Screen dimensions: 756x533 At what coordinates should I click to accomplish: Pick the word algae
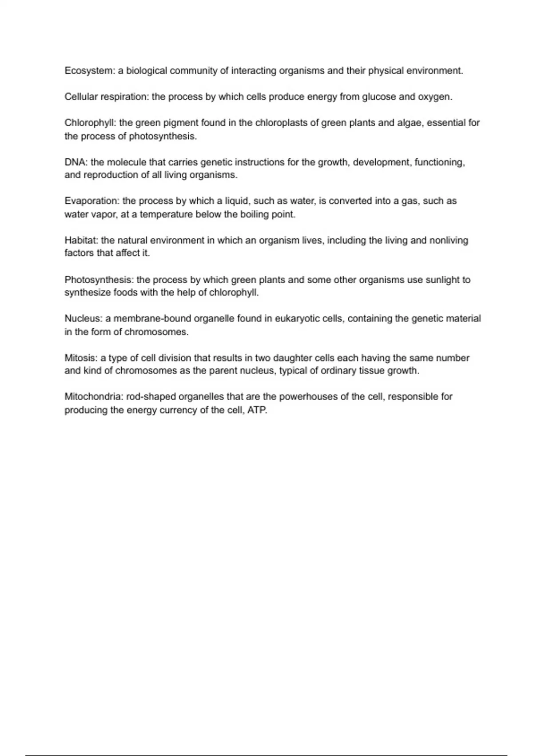click(410, 123)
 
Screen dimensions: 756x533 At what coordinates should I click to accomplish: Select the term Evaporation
click(91, 201)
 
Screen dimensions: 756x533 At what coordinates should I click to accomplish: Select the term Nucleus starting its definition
click(84, 319)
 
